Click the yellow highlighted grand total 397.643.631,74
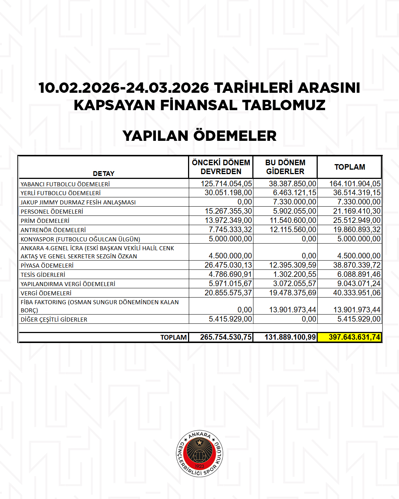[x=354, y=337]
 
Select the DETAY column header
[x=103, y=173]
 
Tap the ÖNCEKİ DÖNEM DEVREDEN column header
[x=221, y=167]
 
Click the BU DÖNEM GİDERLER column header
[x=285, y=167]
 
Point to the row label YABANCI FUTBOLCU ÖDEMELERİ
[x=65, y=184]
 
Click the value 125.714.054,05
[x=226, y=184]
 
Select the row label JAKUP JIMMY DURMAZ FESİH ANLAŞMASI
[x=78, y=203]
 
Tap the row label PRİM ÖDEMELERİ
[x=45, y=221]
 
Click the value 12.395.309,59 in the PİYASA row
[x=293, y=265]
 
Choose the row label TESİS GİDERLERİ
[x=43, y=275]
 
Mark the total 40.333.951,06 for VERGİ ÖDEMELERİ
[x=357, y=293]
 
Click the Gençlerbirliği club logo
[x=199, y=454]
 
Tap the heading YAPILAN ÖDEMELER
[x=199, y=136]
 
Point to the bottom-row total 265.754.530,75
[x=226, y=337]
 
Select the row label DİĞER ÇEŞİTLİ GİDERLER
[x=54, y=319]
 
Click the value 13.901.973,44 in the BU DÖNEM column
[x=293, y=310]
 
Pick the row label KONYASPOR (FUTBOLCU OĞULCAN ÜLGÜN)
[x=80, y=239]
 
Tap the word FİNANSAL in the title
[x=199, y=105]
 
